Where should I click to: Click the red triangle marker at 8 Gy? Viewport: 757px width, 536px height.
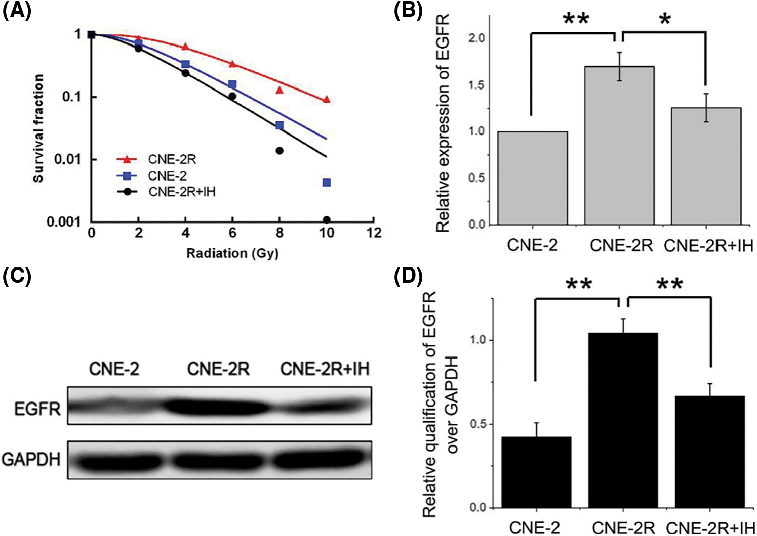[280, 90]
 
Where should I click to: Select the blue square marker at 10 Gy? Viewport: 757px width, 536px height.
[327, 182]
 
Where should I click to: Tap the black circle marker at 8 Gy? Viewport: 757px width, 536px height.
[280, 151]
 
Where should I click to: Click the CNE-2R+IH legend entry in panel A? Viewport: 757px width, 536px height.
[181, 192]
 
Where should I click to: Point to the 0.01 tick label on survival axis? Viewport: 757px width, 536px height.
[67, 159]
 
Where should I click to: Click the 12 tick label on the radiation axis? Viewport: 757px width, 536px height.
[374, 233]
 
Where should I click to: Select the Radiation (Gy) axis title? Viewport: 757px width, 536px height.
[232, 253]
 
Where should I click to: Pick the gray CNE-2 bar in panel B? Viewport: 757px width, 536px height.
[532, 178]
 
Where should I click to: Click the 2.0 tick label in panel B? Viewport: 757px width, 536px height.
[476, 38]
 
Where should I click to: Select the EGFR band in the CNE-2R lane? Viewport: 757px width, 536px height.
[218, 407]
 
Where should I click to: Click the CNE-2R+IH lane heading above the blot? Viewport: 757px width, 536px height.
[325, 369]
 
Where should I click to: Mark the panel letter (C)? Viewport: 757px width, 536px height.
[17, 276]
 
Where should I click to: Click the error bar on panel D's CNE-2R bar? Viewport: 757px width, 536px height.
[623, 326]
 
